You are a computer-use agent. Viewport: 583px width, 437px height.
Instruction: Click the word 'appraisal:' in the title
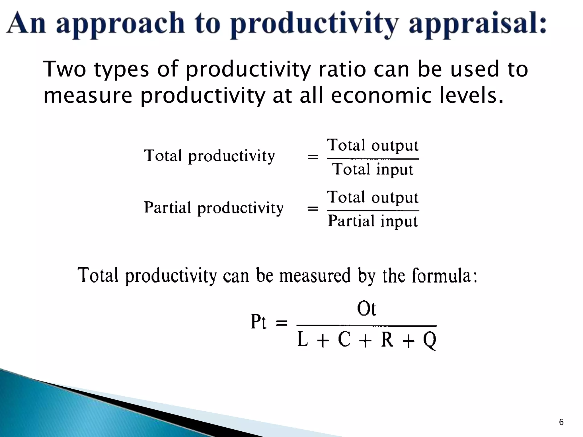[478, 24]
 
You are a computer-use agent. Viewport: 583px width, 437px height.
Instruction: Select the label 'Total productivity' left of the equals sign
[210, 156]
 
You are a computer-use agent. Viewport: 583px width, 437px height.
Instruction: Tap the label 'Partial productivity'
[214, 208]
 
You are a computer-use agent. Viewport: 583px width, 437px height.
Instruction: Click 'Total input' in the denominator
[373, 169]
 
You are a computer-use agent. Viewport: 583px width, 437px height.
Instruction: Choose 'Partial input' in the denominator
[373, 221]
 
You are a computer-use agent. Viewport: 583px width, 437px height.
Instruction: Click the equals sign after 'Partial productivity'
[313, 209]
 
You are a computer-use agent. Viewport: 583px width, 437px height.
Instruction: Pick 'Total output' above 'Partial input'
[373, 197]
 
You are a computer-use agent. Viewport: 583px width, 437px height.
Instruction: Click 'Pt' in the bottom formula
[258, 322]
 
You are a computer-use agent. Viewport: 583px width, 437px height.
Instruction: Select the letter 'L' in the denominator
[302, 340]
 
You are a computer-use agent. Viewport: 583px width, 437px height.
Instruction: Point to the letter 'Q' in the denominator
[430, 340]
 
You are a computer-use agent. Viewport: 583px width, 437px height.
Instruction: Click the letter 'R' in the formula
[387, 340]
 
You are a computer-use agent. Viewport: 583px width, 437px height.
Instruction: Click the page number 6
[561, 422]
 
